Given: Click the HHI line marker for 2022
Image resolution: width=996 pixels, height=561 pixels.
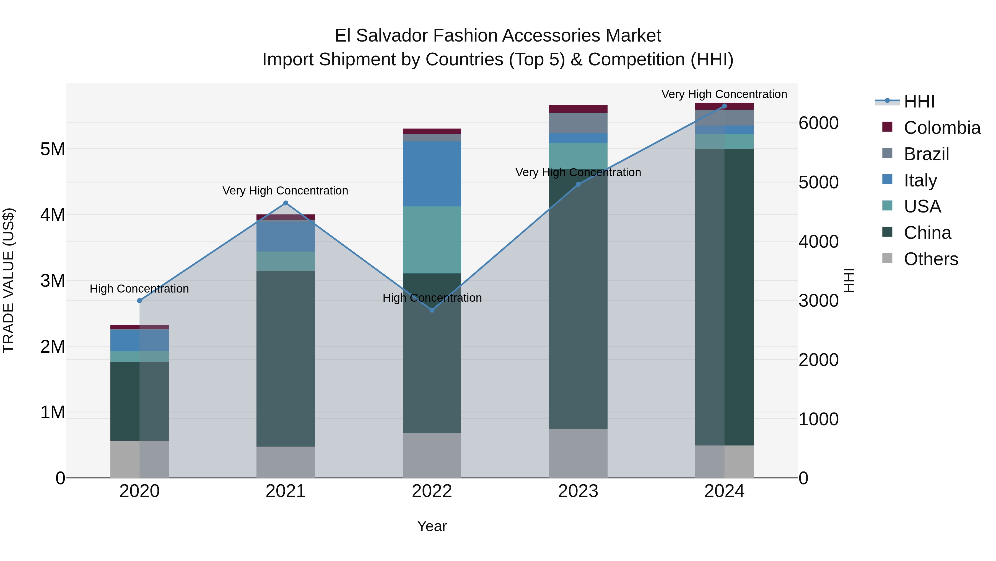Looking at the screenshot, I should pos(432,310).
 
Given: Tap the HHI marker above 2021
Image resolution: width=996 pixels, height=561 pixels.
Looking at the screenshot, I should pos(286,203).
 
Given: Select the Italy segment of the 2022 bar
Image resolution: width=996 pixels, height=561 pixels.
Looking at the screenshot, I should pos(432,173).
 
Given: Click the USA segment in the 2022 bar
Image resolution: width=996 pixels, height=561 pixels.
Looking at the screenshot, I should pos(432,240).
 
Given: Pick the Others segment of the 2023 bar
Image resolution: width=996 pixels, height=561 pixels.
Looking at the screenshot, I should pos(578,453).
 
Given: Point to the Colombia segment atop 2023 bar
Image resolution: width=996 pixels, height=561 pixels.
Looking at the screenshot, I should pos(578,109).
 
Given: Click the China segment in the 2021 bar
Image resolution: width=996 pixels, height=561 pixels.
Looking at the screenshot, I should pos(286,358).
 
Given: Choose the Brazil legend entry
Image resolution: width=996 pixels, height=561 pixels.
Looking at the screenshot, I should pos(926,154).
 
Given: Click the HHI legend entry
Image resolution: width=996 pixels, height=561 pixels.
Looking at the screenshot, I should pos(919,101).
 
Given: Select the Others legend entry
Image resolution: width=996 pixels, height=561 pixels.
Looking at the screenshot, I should pos(930,259).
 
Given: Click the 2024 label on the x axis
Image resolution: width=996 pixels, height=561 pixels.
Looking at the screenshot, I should pos(724,491).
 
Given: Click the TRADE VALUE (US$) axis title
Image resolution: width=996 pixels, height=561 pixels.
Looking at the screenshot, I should pos(9,280).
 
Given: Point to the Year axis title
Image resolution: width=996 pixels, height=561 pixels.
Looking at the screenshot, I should pos(432,526).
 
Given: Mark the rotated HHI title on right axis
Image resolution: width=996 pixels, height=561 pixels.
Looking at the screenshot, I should pos(849,280).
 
